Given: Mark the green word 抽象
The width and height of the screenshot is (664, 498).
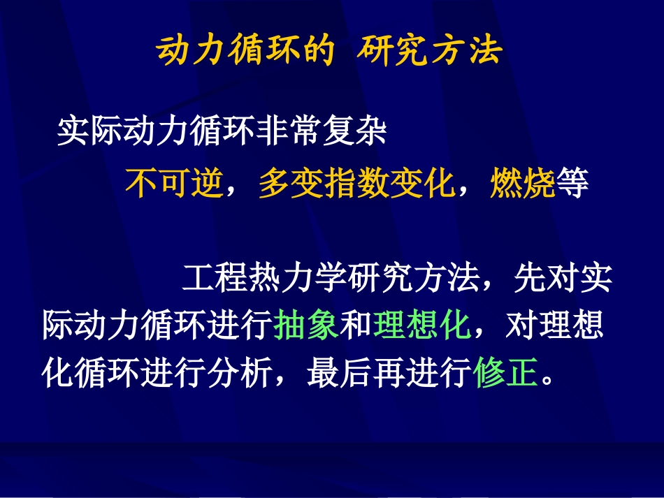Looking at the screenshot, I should point(308,326).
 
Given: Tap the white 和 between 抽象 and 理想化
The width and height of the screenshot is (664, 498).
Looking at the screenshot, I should point(356,326).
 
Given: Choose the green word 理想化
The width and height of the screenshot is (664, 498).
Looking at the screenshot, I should point(422,326).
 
